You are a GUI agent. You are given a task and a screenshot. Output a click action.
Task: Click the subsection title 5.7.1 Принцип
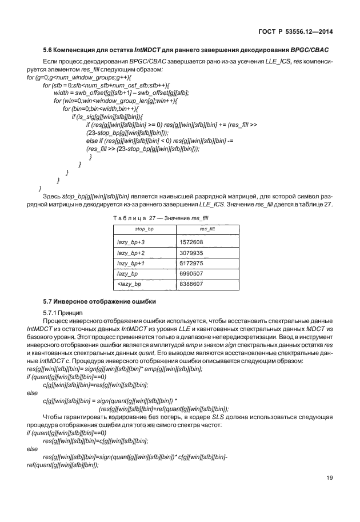[63, 313]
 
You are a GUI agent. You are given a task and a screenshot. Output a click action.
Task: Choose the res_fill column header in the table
[206, 229]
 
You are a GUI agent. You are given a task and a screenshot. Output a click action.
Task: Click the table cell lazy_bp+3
[130, 242]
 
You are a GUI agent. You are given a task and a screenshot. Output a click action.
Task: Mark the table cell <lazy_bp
[129, 284]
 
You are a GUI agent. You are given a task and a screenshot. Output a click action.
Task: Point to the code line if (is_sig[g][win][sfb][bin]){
[108, 116]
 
